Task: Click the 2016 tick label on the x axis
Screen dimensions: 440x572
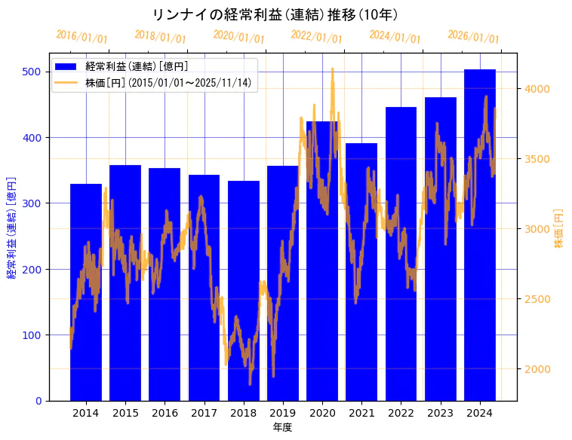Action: tap(165, 413)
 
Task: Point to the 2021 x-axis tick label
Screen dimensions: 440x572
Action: tap(361, 413)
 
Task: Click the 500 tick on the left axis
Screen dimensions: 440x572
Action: tap(32, 72)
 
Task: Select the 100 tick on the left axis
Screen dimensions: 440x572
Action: tap(32, 335)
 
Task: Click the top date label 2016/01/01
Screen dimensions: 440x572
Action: tap(81, 37)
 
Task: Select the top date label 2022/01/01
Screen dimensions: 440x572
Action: tap(316, 37)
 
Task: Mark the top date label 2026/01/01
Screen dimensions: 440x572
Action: tap(473, 37)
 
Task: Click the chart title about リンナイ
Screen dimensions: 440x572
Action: tap(275, 15)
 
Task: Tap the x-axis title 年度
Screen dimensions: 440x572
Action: tap(282, 427)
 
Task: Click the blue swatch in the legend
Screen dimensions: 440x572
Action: tap(66, 67)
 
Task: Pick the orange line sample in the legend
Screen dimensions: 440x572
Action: tap(66, 82)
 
